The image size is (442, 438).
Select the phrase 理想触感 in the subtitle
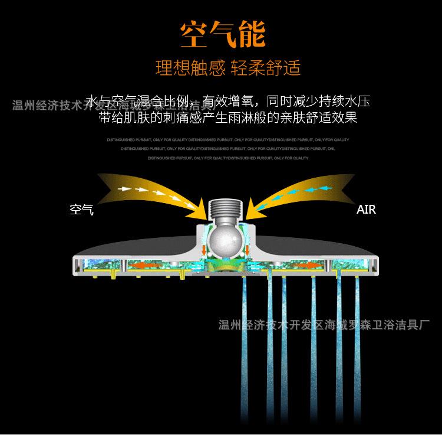190,68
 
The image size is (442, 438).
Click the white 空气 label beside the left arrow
81,210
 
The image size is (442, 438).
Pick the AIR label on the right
366,210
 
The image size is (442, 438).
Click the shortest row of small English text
228,158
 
